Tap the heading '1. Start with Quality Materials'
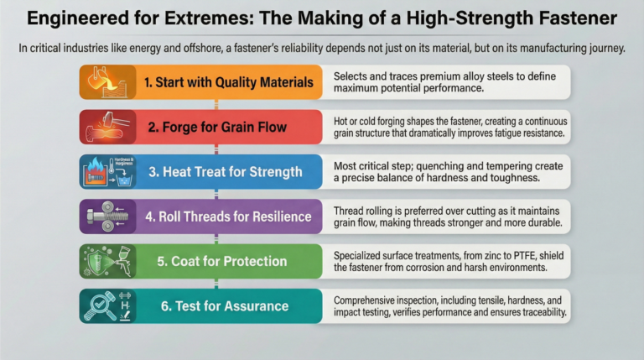(216, 83)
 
